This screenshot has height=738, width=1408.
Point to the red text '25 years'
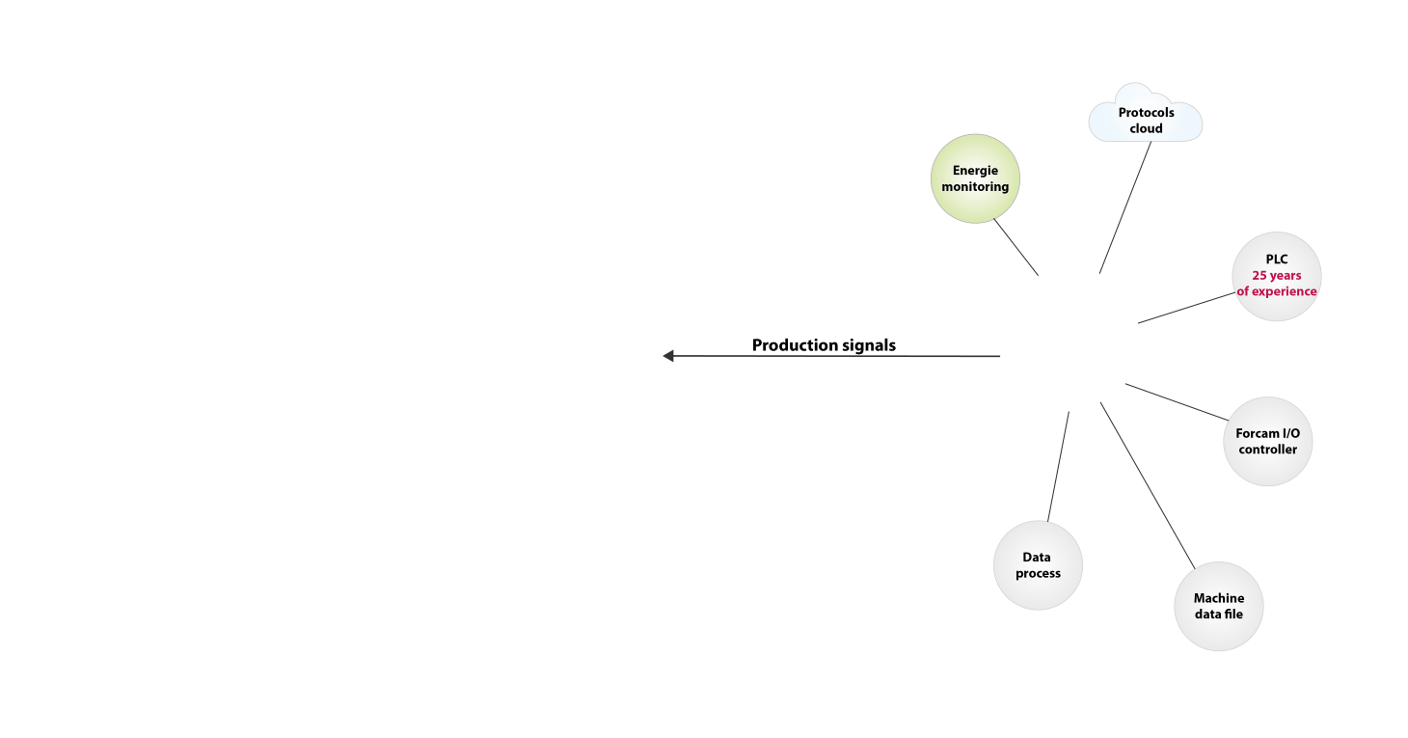(1277, 275)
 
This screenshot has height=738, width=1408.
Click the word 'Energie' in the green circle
(975, 171)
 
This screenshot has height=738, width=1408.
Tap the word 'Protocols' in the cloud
(1147, 113)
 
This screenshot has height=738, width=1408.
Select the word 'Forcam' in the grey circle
(1254, 434)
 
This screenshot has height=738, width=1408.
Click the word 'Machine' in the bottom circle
(1219, 598)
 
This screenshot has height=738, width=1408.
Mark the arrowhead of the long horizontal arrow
(667, 356)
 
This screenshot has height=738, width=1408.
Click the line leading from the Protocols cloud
(1124, 208)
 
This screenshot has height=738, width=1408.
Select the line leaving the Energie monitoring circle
(1016, 248)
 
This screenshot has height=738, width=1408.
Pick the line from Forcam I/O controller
(1176, 401)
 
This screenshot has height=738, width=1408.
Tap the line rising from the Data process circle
(1059, 465)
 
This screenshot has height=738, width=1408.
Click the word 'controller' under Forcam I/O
(1268, 450)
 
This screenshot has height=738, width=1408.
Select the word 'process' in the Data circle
(1038, 573)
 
